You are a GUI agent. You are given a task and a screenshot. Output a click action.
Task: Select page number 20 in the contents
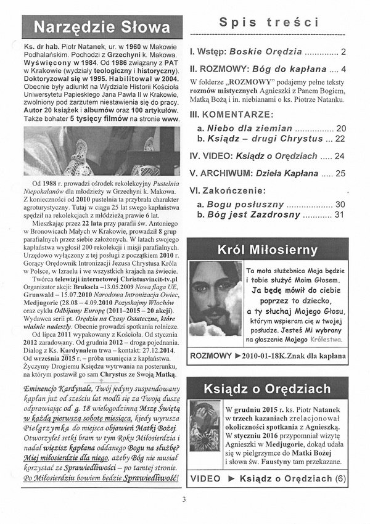coord(341,128)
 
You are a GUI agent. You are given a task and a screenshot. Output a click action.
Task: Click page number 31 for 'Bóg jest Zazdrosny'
coord(339,215)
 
